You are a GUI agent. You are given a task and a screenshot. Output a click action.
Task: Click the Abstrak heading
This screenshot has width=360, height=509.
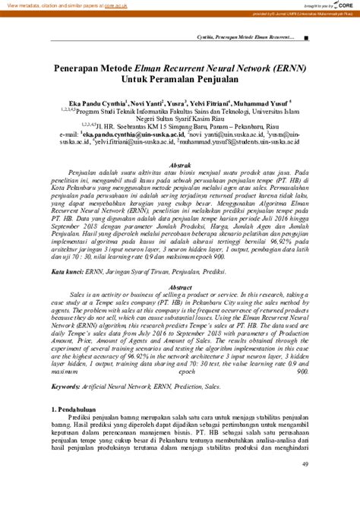[179, 165]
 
